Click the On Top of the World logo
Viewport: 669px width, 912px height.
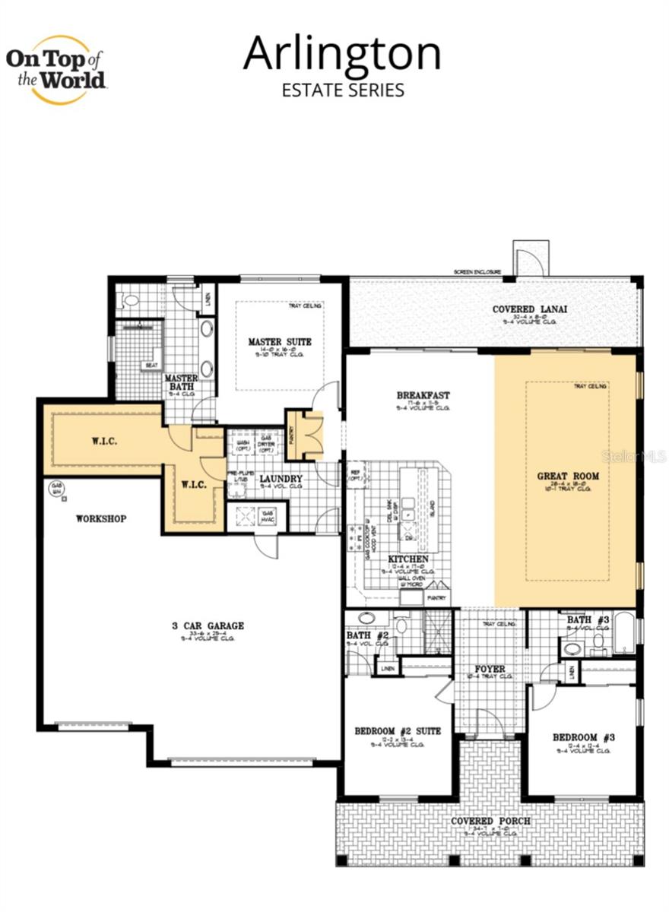tap(56, 70)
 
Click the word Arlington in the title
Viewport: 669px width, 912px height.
tap(342, 54)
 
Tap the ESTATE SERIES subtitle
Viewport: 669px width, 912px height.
tap(343, 90)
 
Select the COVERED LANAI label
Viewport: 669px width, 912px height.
tap(530, 309)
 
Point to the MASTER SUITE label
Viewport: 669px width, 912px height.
tap(280, 342)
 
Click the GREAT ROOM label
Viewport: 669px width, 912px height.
tap(568, 477)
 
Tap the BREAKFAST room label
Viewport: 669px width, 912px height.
tap(423, 395)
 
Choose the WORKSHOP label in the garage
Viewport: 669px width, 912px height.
tap(100, 519)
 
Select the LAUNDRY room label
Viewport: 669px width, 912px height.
tap(281, 479)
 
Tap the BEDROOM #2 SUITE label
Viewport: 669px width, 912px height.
tap(398, 731)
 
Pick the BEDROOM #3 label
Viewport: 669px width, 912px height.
tap(583, 737)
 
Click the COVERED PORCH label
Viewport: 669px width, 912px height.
tap(490, 822)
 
